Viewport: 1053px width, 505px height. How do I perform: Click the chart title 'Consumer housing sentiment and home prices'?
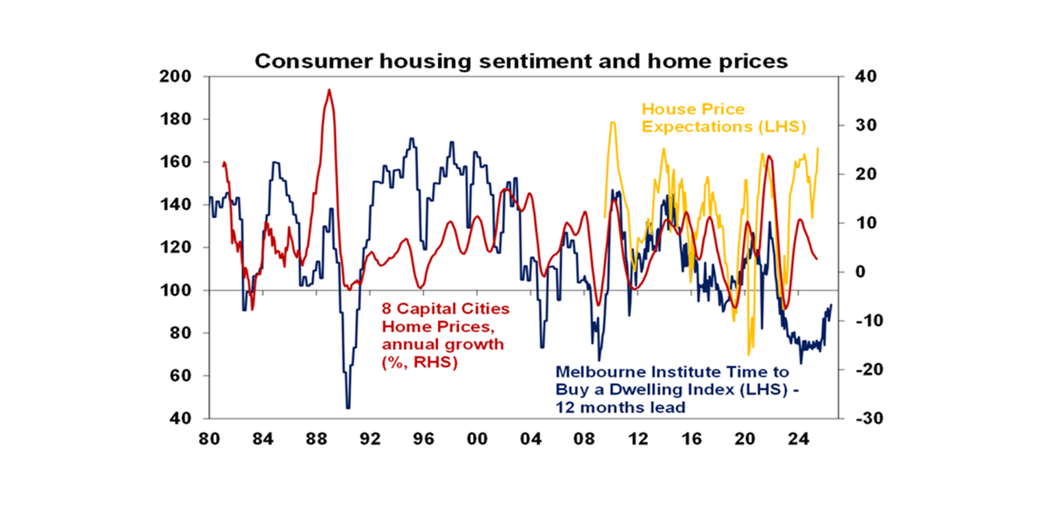tap(521, 61)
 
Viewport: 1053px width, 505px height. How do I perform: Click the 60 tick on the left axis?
tap(180, 375)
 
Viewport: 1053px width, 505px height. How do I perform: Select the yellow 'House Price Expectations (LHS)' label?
tap(723, 118)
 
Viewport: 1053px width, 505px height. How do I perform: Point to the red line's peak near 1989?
tap(329, 90)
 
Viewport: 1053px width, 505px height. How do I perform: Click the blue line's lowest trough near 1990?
tap(348, 408)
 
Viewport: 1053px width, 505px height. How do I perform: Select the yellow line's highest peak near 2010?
tap(612, 123)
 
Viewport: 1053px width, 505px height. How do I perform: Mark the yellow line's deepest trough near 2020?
tap(749, 354)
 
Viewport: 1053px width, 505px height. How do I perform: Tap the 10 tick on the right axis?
tap(858, 223)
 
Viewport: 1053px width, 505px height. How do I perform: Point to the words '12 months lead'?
tap(620, 407)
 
